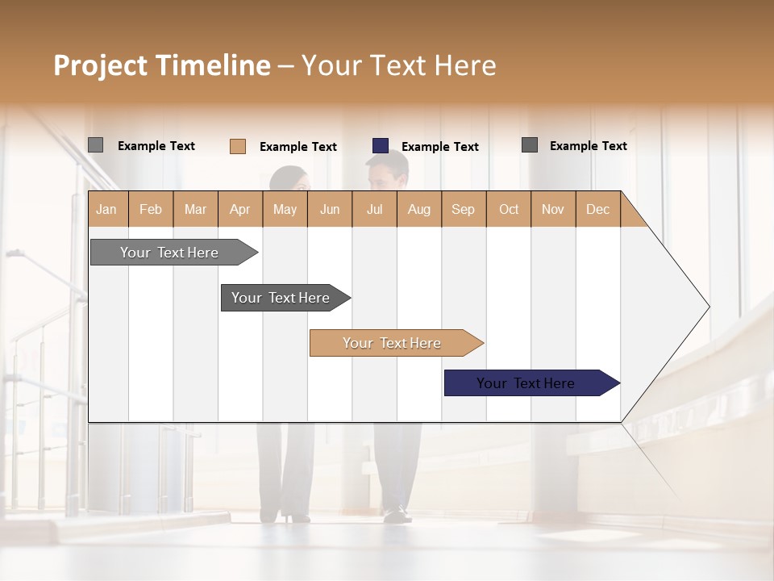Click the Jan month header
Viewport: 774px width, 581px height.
(x=107, y=209)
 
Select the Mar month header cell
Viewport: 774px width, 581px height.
(x=195, y=209)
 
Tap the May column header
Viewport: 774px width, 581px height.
(x=285, y=209)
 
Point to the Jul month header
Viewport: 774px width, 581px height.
(x=374, y=209)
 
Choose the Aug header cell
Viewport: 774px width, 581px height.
(x=418, y=209)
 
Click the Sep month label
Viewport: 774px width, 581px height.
(x=463, y=209)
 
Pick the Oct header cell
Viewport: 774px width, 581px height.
(x=508, y=209)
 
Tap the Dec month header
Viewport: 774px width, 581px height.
(x=597, y=209)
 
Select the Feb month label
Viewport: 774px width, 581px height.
(x=151, y=209)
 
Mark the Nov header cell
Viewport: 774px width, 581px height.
(x=552, y=209)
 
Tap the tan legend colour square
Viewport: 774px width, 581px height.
(x=238, y=146)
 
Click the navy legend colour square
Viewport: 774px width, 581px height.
(x=381, y=146)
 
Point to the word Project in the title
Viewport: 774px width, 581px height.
(x=101, y=65)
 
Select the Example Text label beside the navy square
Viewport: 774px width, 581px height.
(x=439, y=147)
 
